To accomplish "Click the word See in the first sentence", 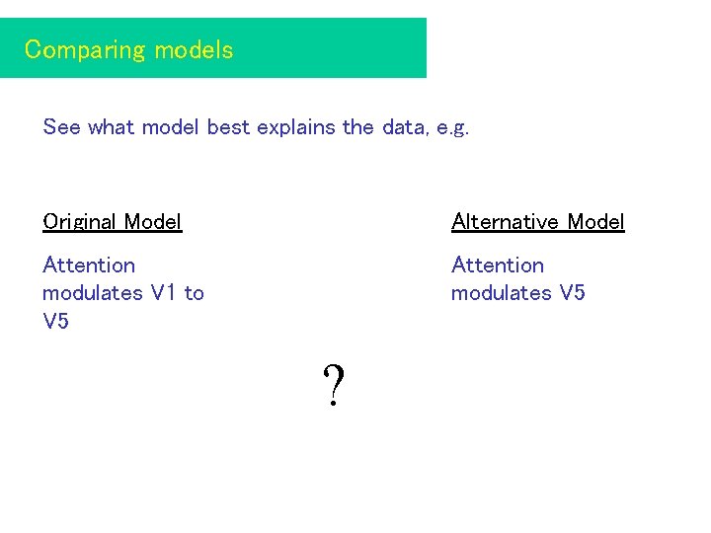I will point(61,127).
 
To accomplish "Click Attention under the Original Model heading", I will point(89,266).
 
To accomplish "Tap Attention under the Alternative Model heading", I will point(498,266).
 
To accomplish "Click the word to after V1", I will point(194,293).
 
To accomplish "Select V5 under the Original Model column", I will point(56,322).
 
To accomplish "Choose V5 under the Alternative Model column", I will point(572,293).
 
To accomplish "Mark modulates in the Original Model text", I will point(92,293).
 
